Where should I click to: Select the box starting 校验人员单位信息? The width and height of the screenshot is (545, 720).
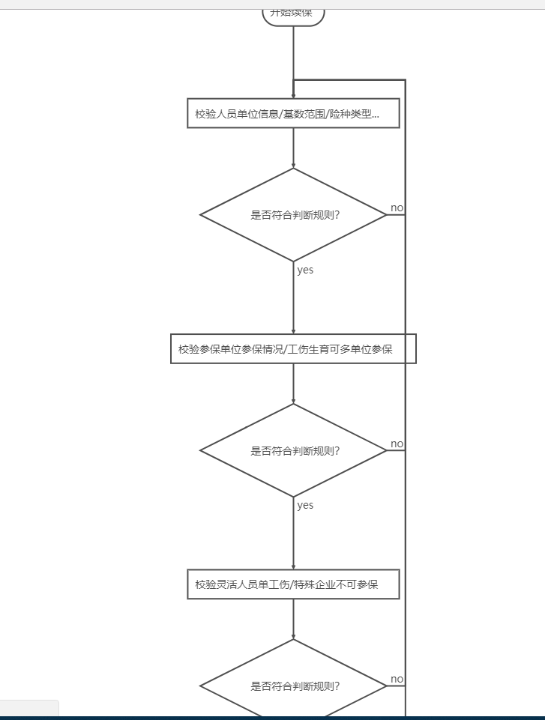point(293,114)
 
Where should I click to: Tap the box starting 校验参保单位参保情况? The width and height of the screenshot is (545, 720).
point(293,349)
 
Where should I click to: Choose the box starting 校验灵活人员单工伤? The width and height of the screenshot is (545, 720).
point(293,584)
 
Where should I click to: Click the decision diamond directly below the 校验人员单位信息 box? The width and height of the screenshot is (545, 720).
point(293,215)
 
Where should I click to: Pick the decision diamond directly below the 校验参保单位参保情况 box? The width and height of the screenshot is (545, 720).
point(293,450)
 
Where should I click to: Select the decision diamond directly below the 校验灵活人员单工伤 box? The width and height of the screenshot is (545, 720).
point(293,685)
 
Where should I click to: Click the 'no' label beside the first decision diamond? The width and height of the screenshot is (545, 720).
point(397,208)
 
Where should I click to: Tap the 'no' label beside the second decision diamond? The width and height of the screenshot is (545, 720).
point(397,444)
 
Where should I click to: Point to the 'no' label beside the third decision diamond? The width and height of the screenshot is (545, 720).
point(397,679)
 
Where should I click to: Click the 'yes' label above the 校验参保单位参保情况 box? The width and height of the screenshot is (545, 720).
point(305,270)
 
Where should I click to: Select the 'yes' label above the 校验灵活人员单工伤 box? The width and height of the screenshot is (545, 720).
point(305,505)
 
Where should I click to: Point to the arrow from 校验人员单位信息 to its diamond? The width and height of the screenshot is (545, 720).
point(293,148)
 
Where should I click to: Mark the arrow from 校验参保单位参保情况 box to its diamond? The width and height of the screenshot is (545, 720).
point(293,384)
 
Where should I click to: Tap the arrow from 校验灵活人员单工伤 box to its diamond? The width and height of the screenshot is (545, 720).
point(293,619)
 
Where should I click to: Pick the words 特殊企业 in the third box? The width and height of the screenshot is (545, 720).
point(318,584)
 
